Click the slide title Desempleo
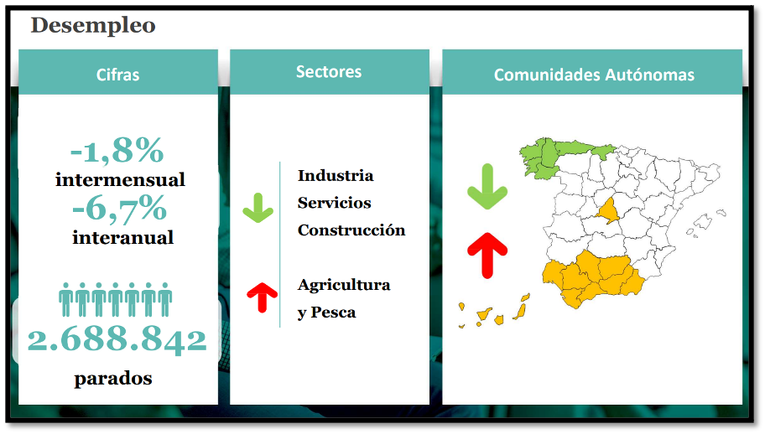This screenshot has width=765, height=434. tap(93, 25)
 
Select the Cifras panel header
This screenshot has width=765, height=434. tap(118, 75)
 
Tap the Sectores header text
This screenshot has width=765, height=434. tap(329, 71)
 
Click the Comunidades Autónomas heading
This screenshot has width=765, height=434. tap(594, 75)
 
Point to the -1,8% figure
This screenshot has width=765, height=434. tap(117, 150)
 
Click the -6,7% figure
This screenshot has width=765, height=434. tap(119, 209)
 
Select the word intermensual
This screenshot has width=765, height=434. tap(120, 180)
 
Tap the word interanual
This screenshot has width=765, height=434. tap(123, 238)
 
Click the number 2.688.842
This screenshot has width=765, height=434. tap(117, 339)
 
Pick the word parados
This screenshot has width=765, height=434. tap(113, 379)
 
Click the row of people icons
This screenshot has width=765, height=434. tap(116, 299)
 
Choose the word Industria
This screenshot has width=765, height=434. tap(336, 175)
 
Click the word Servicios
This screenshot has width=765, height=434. tap(334, 203)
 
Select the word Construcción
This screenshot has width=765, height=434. tap(351, 230)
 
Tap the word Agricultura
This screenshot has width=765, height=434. tap(344, 285)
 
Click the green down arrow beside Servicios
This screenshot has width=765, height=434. tap(258, 209)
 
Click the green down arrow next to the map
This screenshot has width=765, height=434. tap(487, 187)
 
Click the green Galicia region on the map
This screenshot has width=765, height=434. tap(539, 157)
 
